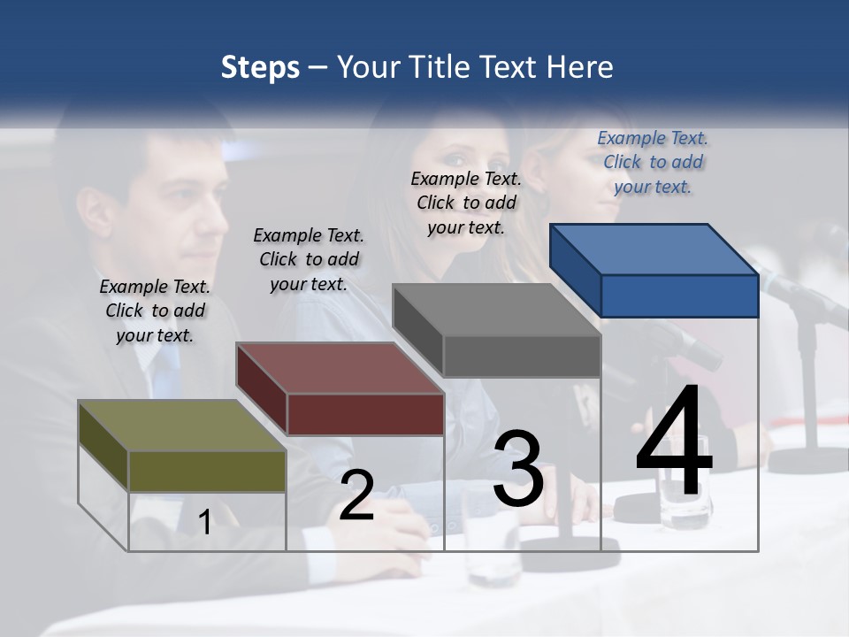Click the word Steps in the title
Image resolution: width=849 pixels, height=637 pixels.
(x=260, y=68)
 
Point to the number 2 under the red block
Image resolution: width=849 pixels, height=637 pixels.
(x=356, y=495)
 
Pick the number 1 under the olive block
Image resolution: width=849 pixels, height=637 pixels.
(x=205, y=522)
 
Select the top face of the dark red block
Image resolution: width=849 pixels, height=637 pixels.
(x=340, y=368)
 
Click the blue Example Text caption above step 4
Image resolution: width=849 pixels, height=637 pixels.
(x=653, y=162)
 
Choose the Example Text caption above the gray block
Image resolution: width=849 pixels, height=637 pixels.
(x=466, y=203)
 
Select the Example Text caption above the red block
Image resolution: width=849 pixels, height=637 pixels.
(x=309, y=259)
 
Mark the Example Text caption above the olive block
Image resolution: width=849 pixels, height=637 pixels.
(x=155, y=311)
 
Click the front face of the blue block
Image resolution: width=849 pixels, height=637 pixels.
(x=679, y=295)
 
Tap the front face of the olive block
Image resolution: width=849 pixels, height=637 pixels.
(x=207, y=471)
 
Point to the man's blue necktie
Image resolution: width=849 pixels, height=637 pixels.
(x=164, y=372)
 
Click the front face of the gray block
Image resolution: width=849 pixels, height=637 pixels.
(x=522, y=357)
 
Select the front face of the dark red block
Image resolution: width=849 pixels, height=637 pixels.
(x=365, y=414)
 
